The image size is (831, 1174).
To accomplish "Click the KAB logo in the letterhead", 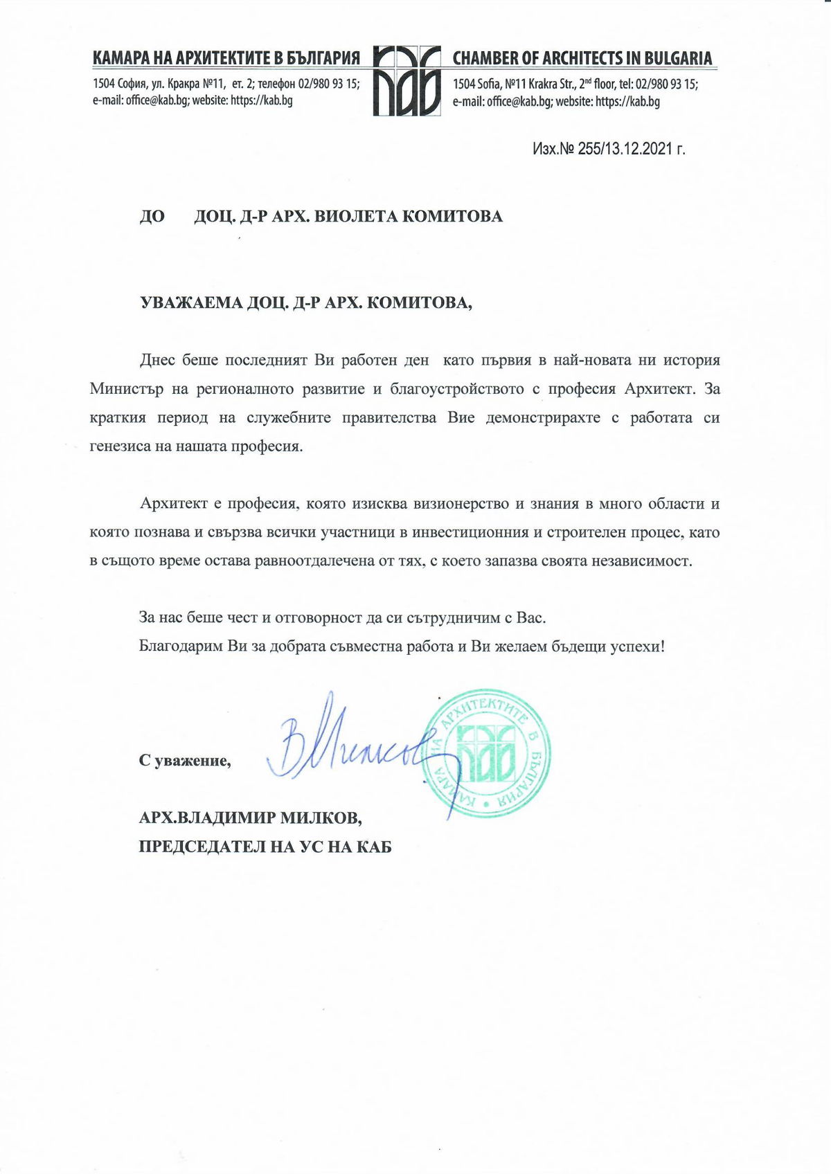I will coord(406,81).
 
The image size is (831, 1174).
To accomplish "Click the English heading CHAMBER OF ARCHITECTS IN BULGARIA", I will coord(582,58).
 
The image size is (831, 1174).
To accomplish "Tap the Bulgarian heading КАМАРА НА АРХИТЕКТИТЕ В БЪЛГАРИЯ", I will coord(226,58).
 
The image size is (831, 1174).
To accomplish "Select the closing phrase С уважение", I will coord(185,761).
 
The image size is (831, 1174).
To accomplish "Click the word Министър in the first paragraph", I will coord(126,389).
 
